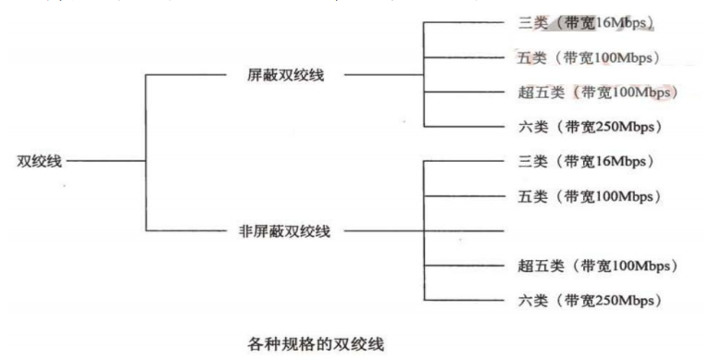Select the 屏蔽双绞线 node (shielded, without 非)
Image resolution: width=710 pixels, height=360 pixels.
[x=274, y=75]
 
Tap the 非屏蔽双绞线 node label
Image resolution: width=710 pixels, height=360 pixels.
[x=268, y=230]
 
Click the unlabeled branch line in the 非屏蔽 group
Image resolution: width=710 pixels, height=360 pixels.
[x=463, y=230]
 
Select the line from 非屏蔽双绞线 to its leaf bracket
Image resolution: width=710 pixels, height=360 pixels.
[x=375, y=230]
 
